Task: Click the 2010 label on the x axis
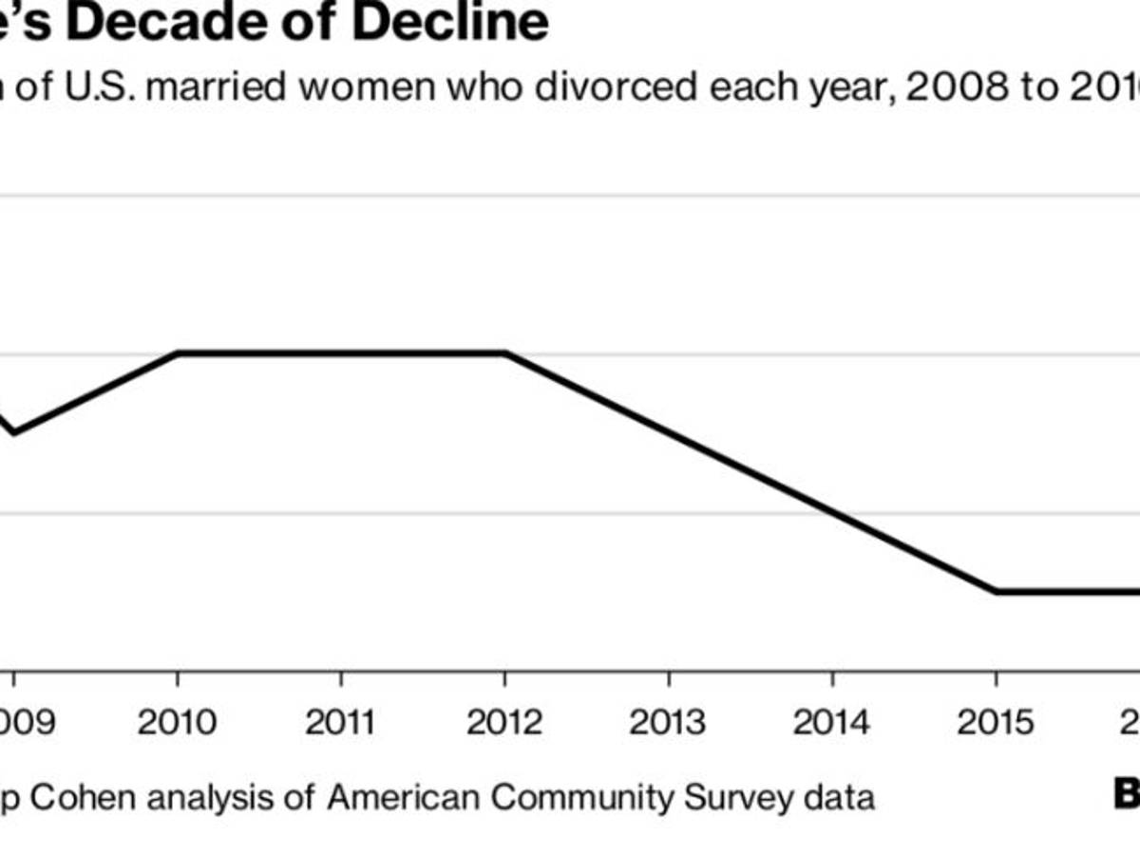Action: coord(177,723)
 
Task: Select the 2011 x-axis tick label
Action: coord(341,723)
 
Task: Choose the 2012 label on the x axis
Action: coord(504,723)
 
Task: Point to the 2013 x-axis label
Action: coord(668,723)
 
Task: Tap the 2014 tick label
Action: coord(832,723)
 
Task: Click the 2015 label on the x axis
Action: coord(996,723)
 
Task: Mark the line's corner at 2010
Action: coord(179,353)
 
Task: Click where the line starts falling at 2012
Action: coord(504,353)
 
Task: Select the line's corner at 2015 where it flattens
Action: coord(996,591)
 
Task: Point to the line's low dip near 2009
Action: coord(13,433)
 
